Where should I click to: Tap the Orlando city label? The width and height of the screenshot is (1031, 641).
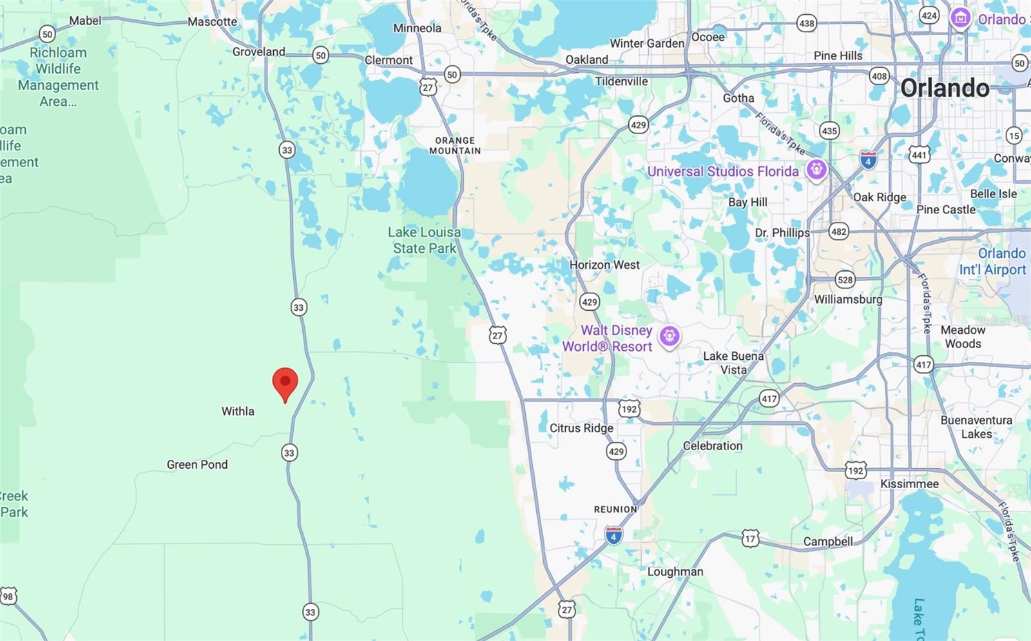(x=944, y=88)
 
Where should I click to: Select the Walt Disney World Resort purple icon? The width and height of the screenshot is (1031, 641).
(x=670, y=336)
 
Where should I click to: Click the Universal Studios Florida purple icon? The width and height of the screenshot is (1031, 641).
(x=816, y=170)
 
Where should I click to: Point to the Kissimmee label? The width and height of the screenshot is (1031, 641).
(x=909, y=484)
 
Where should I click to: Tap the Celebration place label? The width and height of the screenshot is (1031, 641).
(x=712, y=446)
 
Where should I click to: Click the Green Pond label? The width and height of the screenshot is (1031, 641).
(x=197, y=464)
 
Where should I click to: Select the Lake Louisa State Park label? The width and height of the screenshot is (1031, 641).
(x=424, y=240)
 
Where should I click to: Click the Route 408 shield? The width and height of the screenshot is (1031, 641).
(x=879, y=76)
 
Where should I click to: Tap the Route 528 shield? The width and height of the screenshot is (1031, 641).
(x=845, y=280)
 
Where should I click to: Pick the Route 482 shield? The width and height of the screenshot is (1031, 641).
(x=838, y=232)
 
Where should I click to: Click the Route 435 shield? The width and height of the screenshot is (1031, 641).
(x=829, y=131)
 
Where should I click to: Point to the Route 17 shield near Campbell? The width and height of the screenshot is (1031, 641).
(x=750, y=538)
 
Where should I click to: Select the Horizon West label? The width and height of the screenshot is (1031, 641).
(x=604, y=264)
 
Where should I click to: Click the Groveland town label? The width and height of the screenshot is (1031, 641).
(x=258, y=52)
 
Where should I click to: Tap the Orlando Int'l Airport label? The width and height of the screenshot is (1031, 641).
(x=992, y=261)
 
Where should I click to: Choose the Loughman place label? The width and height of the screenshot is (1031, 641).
(x=675, y=571)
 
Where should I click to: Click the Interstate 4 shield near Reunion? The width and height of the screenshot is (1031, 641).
(x=613, y=535)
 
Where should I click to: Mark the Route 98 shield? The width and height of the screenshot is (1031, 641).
(x=8, y=597)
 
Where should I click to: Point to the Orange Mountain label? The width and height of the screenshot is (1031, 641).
(x=455, y=145)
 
